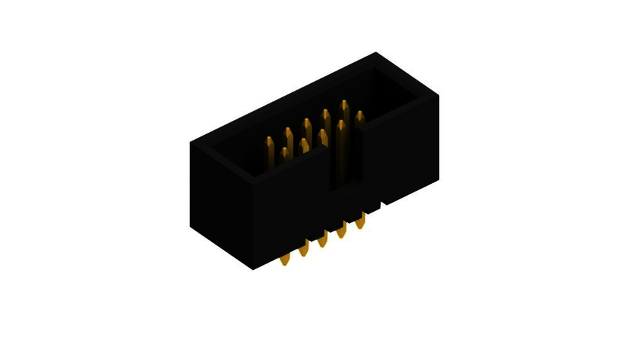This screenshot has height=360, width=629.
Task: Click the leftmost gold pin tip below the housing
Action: pos(284,260)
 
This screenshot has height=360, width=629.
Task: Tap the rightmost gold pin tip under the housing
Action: pos(360,223)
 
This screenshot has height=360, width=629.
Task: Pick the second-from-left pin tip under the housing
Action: pos(303,250)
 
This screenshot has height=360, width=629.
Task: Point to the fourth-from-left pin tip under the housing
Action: pos(341,232)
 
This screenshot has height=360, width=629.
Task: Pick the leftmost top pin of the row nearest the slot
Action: pos(284,152)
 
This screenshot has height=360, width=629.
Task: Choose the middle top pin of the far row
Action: pos(307,124)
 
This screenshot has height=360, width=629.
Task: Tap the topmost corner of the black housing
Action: pos(376,53)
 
